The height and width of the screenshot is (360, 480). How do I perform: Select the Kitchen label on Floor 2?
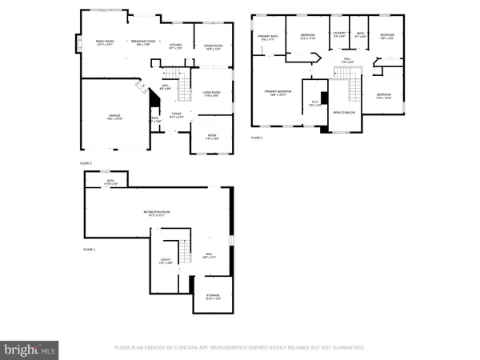click(x=176, y=46)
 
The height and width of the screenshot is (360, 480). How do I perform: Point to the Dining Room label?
click(x=213, y=47)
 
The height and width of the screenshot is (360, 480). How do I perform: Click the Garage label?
click(x=114, y=118)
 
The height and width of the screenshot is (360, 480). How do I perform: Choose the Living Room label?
click(x=212, y=94)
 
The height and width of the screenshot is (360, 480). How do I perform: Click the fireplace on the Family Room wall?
click(x=78, y=41)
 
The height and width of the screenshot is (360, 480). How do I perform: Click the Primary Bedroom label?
click(x=278, y=93)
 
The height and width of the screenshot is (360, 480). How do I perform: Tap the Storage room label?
click(x=212, y=297)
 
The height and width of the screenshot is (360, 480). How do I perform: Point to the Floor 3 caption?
click(x=257, y=138)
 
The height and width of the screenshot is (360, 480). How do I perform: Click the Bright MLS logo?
click(x=30, y=349)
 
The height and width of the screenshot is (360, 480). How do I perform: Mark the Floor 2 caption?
click(x=85, y=163)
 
